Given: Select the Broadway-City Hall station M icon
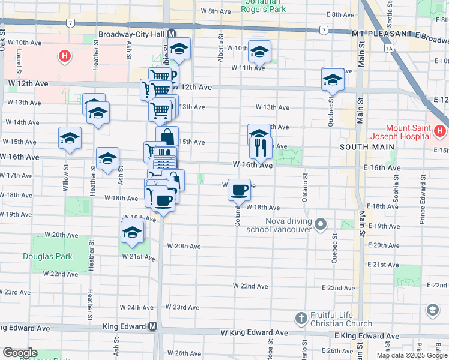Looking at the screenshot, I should pyautogui.click(x=172, y=34).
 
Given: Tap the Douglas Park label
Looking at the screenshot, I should pyautogui.click(x=47, y=257).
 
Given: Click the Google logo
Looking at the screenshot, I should pyautogui.click(x=19, y=353).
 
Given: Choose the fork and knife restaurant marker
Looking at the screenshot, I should pyautogui.click(x=261, y=147).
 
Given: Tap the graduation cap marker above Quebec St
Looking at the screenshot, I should pyautogui.click(x=332, y=80).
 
